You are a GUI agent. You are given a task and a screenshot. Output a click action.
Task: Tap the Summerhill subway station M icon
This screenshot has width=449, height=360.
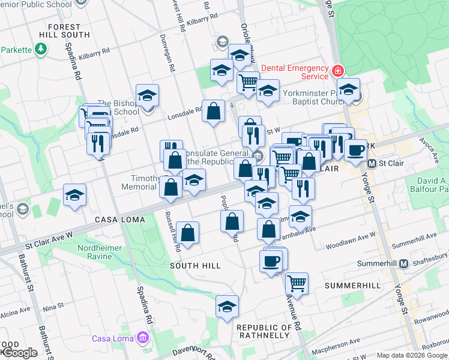tap(404, 263)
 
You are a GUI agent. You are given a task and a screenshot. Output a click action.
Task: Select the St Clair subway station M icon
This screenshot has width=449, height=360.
tap(372, 163)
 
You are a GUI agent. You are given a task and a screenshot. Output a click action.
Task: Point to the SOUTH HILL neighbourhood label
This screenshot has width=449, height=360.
tap(192, 265)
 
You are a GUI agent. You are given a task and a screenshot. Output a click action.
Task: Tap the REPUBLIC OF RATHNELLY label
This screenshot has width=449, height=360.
tap(265, 331)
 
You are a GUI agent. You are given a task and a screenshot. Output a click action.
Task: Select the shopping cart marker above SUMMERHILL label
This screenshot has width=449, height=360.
tap(297, 281)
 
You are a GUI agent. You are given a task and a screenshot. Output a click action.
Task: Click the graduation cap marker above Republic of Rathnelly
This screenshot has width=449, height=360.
tap(228, 307)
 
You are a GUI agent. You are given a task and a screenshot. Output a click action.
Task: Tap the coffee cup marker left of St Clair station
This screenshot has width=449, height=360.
tap(355, 149)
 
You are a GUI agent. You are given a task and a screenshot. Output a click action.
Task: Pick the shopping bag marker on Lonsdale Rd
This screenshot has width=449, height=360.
tap(213, 110)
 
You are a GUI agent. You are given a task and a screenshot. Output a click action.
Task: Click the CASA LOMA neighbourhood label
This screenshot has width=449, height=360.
tap(116, 220)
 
